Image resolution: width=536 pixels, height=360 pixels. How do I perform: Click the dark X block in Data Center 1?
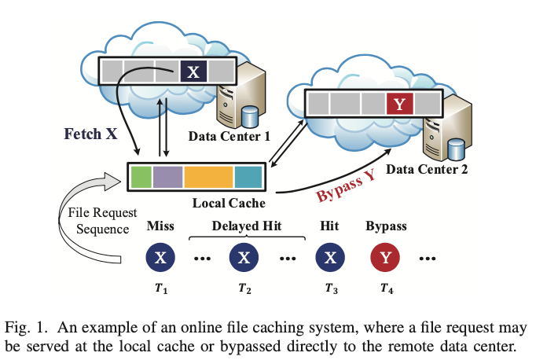coord(193,73)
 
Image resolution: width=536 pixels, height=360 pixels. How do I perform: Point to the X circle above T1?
coord(160,258)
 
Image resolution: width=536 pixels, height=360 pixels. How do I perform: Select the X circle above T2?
coord(244,258)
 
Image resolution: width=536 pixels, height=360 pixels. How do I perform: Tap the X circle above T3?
coord(329,258)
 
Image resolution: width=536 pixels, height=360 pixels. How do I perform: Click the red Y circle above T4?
coord(385,258)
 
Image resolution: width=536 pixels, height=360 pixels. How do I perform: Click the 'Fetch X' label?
coord(90,134)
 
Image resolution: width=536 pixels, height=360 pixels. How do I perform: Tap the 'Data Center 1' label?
coord(229,136)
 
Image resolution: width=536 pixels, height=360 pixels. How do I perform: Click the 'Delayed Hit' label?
coord(247,226)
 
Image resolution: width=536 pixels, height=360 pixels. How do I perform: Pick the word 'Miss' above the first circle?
coord(160,226)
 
